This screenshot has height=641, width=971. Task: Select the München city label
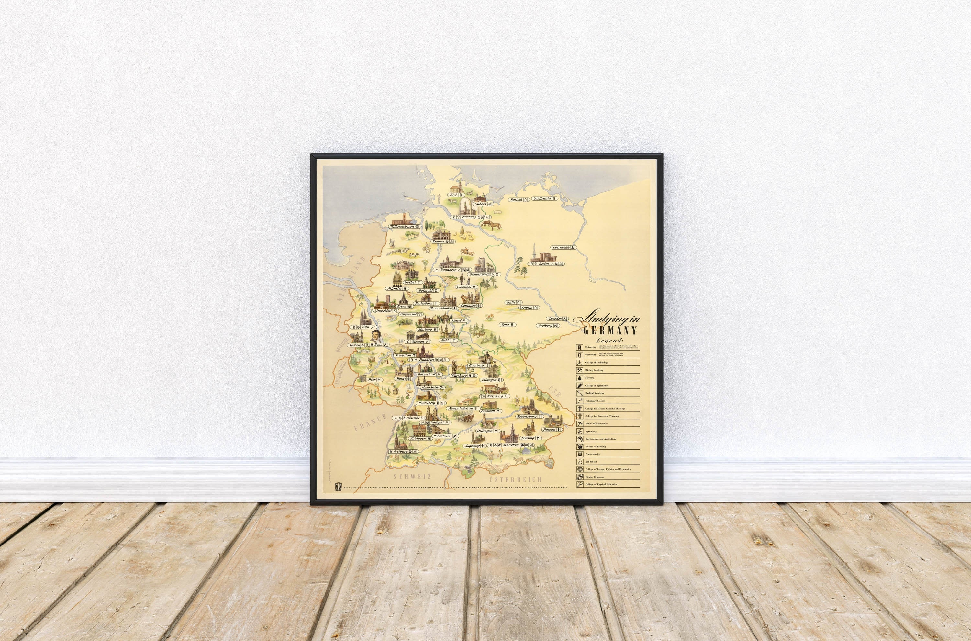coord(511,445)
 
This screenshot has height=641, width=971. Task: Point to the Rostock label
coord(517,200)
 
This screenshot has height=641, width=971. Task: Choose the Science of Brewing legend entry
coord(596,447)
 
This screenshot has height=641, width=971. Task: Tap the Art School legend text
coord(591,462)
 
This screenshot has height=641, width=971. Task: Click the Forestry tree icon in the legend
coord(579,378)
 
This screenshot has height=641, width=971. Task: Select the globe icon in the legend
coord(579,469)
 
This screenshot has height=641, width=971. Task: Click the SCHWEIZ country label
coord(412,476)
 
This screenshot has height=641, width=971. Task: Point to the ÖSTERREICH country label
coord(516,479)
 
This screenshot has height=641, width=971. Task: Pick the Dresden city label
coord(555,319)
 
